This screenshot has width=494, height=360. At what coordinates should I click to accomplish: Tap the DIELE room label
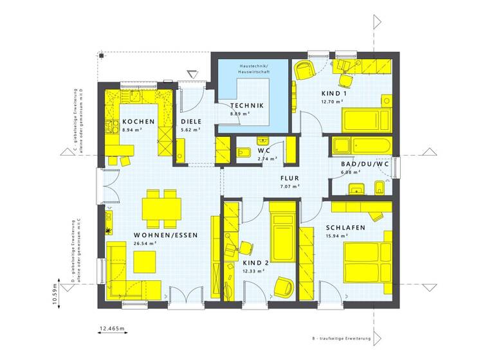191,122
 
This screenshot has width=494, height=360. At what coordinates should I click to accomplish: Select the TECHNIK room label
248,105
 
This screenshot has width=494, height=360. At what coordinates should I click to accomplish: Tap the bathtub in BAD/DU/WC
361,146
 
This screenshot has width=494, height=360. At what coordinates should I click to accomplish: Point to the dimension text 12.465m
112,329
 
